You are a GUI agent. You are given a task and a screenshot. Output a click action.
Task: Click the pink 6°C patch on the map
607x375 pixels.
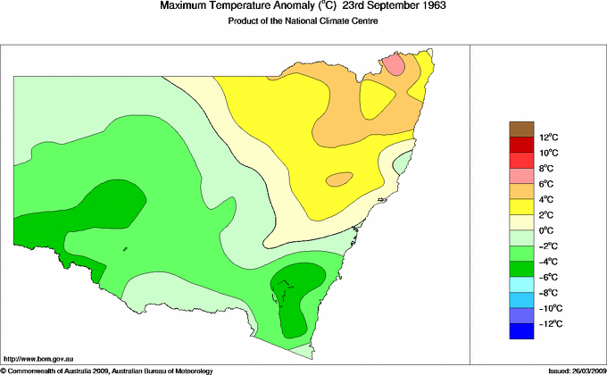pyautogui.click(x=394, y=65)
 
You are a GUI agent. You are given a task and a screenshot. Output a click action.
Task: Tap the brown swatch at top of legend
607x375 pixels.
pyautogui.click(x=522, y=129)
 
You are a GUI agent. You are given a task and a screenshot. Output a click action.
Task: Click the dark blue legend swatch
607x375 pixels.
pyautogui.click(x=522, y=331)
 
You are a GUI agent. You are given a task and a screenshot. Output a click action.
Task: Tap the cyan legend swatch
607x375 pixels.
pyautogui.click(x=522, y=284)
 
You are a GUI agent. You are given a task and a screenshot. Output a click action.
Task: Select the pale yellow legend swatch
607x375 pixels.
pyautogui.click(x=522, y=222)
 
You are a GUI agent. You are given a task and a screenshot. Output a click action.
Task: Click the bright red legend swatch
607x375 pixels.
pyautogui.click(x=522, y=160)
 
